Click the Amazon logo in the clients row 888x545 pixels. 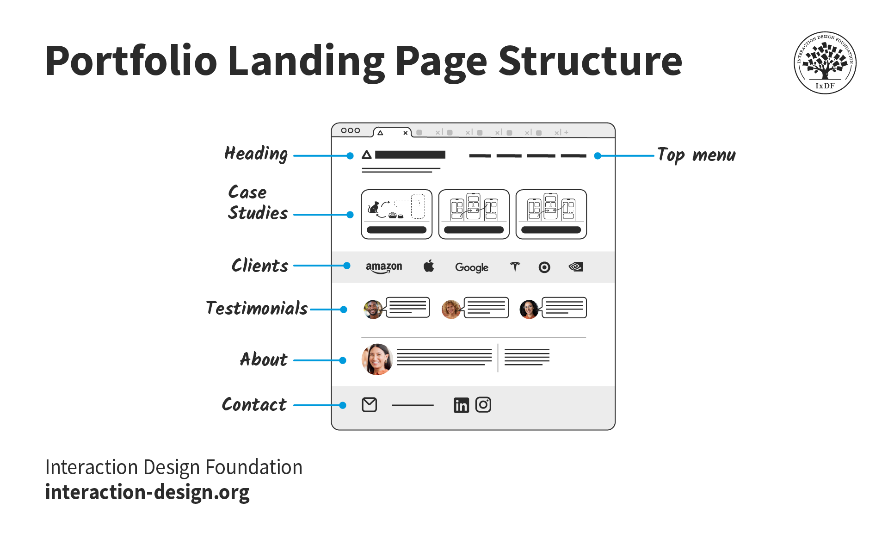tap(384, 267)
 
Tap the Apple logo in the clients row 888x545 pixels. tap(429, 266)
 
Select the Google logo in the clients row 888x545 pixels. tap(471, 267)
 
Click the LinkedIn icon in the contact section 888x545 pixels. tap(461, 405)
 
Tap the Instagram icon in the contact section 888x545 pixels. tap(483, 405)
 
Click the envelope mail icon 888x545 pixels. tap(369, 405)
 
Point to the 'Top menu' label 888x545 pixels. tap(696, 155)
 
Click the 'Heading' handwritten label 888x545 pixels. tap(256, 154)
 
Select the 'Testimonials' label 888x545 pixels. tap(257, 308)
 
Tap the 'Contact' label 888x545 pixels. tap(254, 404)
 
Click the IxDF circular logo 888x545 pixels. tap(825, 62)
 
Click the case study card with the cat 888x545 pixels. tap(396, 214)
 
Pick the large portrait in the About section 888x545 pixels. tap(377, 359)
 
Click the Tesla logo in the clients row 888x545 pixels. tap(515, 267)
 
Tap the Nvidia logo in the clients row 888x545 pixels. tap(576, 267)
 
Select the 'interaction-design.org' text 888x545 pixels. tap(147, 492)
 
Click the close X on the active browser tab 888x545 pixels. tap(405, 133)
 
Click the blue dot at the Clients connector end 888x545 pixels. tap(347, 266)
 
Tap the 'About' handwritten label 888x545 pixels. tap(264, 359)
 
